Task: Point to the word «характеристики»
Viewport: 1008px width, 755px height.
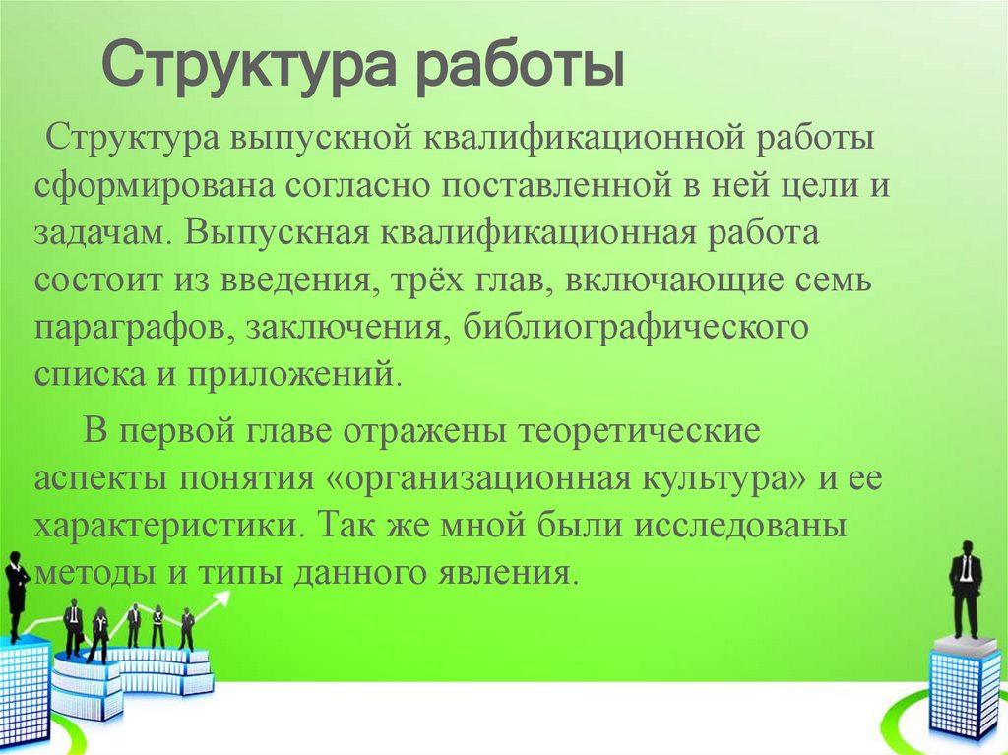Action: (x=166, y=524)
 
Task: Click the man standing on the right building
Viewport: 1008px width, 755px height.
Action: (x=964, y=590)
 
